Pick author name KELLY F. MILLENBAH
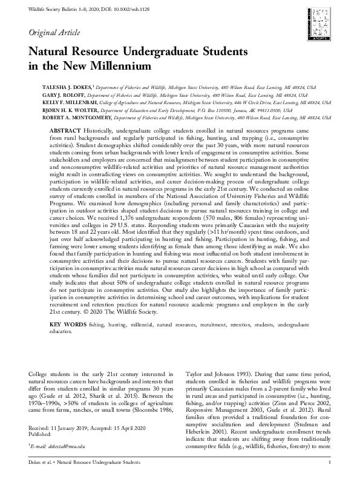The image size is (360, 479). [x=68, y=103]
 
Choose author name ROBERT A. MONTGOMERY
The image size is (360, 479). [x=74, y=119]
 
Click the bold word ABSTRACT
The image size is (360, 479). [x=64, y=130]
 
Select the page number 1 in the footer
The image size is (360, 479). [x=329, y=463]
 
